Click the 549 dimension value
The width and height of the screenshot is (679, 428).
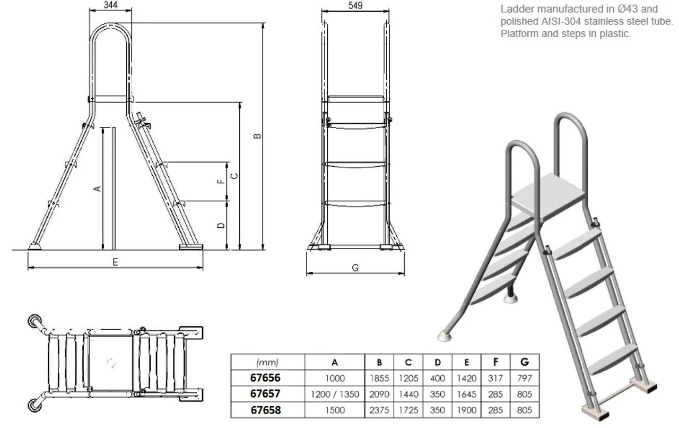pos(356,6)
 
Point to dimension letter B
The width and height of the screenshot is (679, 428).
pos(257,136)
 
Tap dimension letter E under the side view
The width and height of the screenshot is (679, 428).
pos(115,262)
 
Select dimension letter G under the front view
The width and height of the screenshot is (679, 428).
pos(355,268)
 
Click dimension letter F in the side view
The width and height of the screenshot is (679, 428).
pos(222,181)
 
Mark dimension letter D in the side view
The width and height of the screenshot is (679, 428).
pos(222,225)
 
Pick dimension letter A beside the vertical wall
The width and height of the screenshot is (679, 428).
pos(97,189)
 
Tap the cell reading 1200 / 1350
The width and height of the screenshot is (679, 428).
pos(335,395)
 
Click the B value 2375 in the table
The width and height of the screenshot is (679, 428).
pos(380,410)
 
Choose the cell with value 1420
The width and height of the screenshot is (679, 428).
pos(466,379)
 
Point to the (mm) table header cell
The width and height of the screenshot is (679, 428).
pos(267,363)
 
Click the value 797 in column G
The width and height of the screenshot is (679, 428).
pos(524,379)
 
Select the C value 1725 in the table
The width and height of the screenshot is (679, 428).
pos(408,410)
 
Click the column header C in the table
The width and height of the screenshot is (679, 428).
pos(408,363)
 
